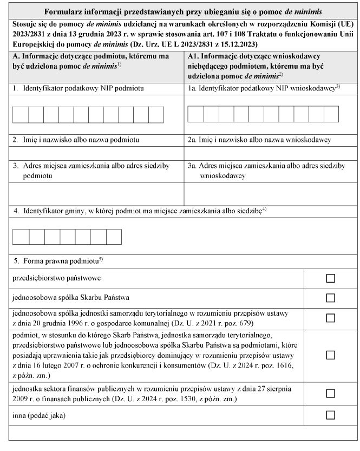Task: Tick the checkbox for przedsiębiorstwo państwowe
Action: (330, 278)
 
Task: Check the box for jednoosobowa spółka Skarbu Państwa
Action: (330, 298)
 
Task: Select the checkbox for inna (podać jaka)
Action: (330, 415)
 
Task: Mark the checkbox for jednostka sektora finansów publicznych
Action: (330, 394)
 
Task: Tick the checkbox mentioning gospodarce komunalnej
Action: (330, 318)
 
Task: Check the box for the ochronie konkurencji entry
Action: (330, 355)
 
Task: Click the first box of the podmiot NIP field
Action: (20, 115)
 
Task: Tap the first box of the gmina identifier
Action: (20, 237)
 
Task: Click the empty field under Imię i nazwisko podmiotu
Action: (96, 153)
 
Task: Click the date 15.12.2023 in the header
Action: (240, 43)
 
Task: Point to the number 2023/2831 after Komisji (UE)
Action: (28, 33)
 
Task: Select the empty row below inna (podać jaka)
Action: (179, 433)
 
